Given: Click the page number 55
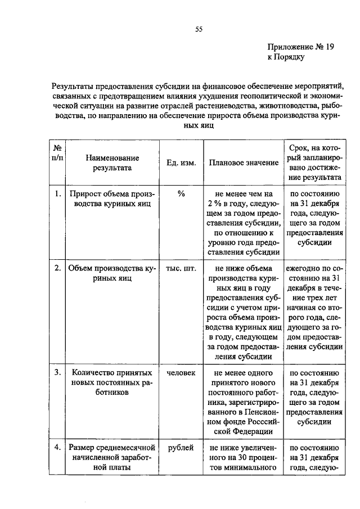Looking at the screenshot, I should pos(199,30).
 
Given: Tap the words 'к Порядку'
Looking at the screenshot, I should pos(286,58).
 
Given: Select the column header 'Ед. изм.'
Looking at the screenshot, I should pos(181,163).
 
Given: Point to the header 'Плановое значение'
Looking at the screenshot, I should pos(244,163).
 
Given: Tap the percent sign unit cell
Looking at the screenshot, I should pos(181,194).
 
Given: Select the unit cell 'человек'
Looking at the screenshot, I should pos(181,373).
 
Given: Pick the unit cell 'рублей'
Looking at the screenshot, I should pos(181,448).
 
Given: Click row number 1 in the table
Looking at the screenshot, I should pos(57,194).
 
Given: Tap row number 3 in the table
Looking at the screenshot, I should pos(57,373).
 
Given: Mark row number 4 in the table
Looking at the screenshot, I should pos(57,448).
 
